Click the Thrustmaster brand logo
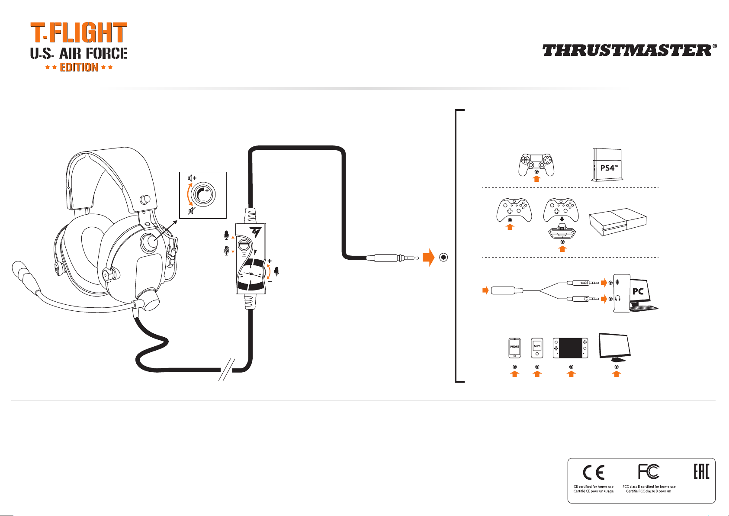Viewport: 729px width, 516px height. (x=629, y=51)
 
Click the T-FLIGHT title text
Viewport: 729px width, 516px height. (x=79, y=32)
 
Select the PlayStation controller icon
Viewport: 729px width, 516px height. (x=536, y=165)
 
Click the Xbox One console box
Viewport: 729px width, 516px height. (x=618, y=222)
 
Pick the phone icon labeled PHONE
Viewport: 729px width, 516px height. (x=514, y=348)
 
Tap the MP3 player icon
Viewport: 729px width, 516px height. (x=537, y=348)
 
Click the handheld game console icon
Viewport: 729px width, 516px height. (x=571, y=348)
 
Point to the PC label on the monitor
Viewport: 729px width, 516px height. (x=638, y=291)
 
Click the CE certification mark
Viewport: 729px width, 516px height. (x=593, y=472)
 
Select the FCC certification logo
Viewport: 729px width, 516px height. (x=649, y=471)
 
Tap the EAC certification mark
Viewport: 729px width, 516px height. (x=701, y=471)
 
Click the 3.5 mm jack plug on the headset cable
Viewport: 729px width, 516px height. (x=392, y=258)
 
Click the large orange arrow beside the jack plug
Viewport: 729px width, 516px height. (x=429, y=258)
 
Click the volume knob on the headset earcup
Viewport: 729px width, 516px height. (x=149, y=242)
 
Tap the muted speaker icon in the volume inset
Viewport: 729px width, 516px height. (x=192, y=211)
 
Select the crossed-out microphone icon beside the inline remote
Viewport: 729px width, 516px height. (x=227, y=250)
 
